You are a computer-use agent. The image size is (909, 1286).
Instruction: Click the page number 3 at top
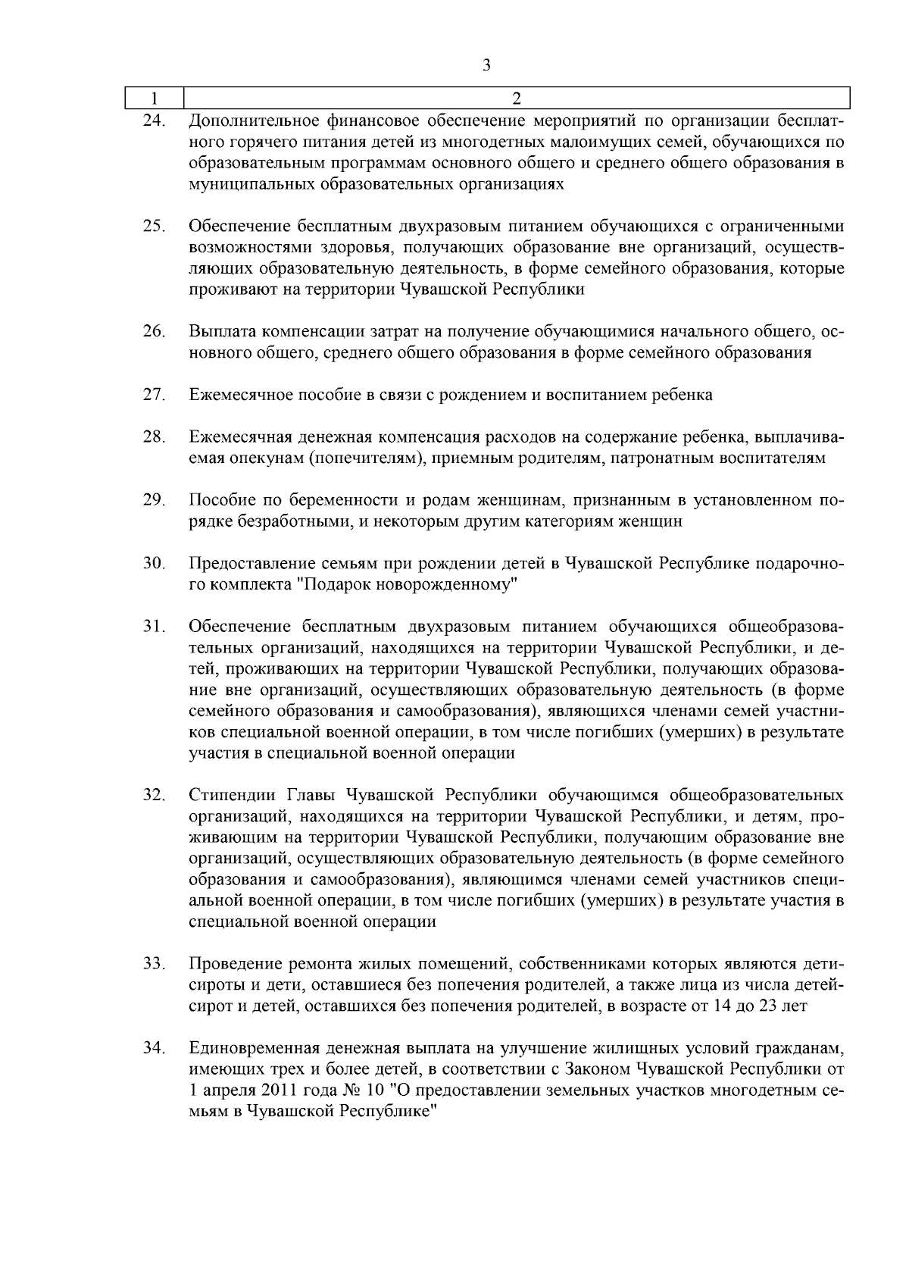(486, 66)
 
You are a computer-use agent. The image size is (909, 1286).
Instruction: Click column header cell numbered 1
(155, 99)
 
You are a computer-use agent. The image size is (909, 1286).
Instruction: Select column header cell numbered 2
(517, 99)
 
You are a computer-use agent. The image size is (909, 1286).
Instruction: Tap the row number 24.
(154, 120)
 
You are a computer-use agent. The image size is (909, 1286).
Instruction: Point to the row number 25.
(154, 226)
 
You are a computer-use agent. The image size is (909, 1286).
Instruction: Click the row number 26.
(154, 331)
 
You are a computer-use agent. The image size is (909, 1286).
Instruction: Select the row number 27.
(154, 395)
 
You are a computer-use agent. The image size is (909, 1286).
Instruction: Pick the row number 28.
(154, 437)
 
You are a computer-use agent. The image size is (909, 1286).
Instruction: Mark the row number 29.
(154, 500)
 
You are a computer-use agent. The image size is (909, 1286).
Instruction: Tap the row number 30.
(154, 564)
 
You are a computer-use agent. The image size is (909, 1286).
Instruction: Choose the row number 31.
(154, 627)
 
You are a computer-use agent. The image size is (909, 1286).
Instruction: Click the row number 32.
(154, 795)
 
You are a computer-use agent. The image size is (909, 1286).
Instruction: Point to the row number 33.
(154, 964)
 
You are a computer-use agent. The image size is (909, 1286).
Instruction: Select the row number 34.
(154, 1048)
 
